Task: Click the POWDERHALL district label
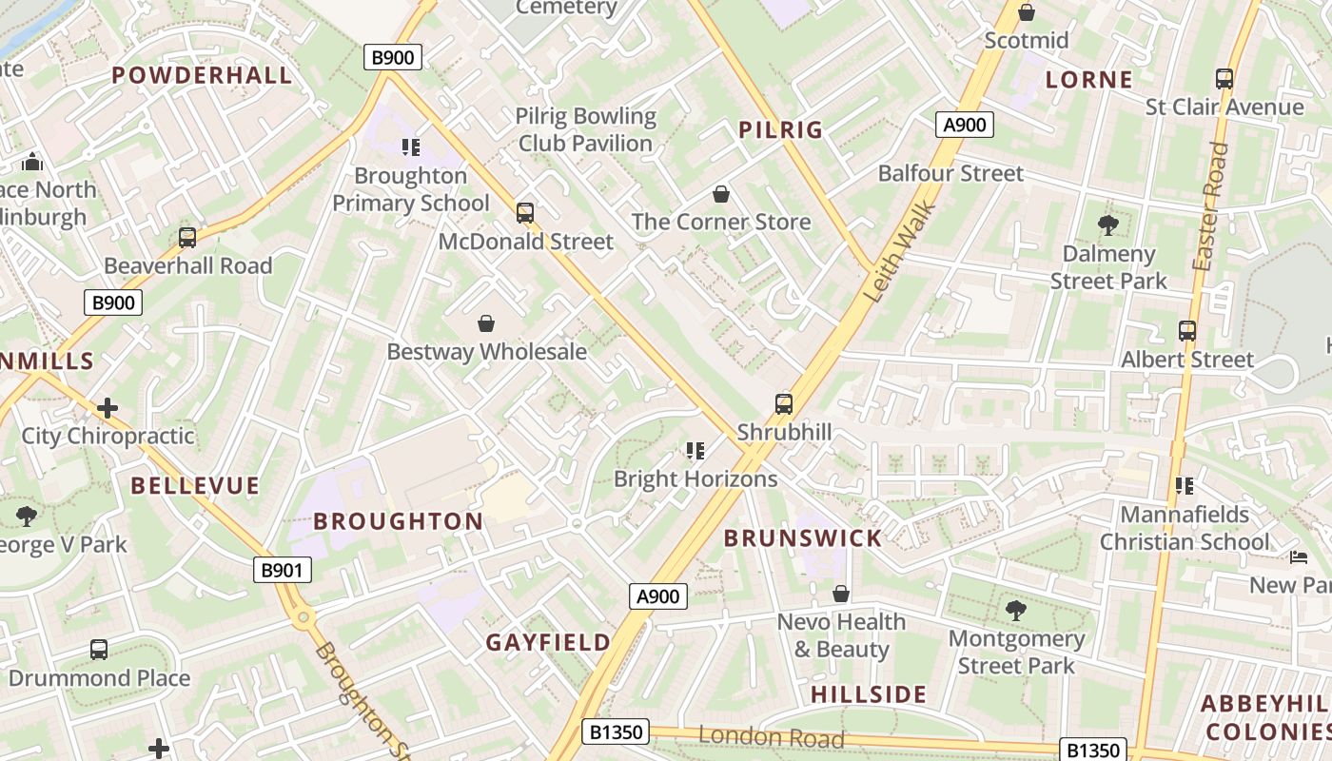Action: pos(202,75)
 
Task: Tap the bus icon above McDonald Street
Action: pos(524,213)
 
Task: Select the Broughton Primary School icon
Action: pos(410,147)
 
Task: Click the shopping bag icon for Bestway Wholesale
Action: pos(486,323)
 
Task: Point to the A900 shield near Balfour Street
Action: pos(964,125)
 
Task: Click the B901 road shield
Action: pos(283,571)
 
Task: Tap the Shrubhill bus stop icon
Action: pos(783,404)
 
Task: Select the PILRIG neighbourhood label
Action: pos(780,130)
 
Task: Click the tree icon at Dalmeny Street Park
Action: pos(1107,225)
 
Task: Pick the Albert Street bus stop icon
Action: pos(1186,331)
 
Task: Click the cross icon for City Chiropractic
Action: pos(108,408)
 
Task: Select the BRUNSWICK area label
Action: pos(803,538)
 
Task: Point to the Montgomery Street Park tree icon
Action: pos(1015,611)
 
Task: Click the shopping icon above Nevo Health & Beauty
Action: pos(840,594)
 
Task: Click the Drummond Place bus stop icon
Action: pos(99,650)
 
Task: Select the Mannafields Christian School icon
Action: pos(1184,486)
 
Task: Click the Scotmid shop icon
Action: pos(1026,12)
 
